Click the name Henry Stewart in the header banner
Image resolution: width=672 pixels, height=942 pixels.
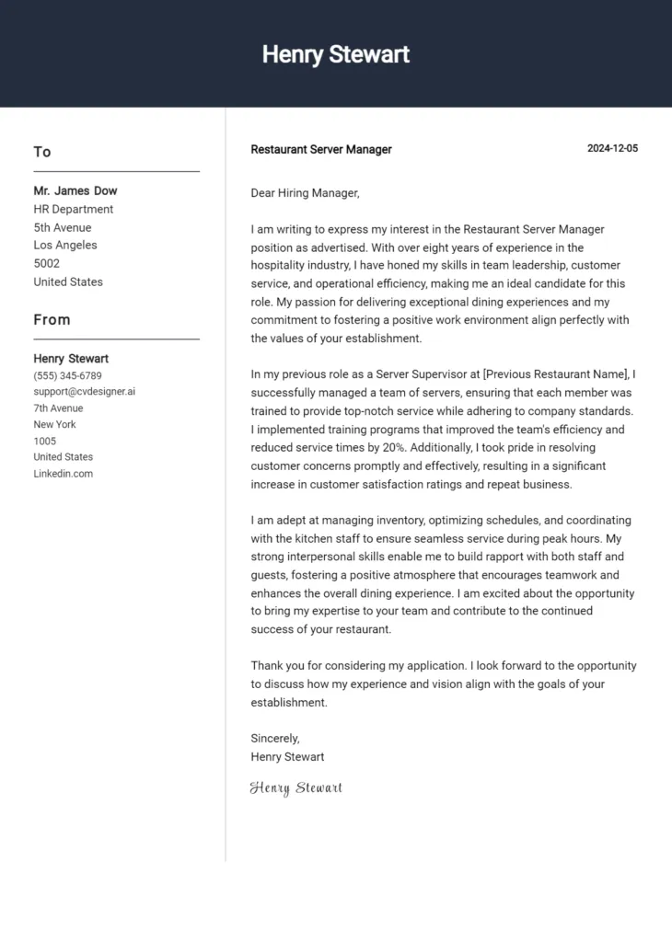coord(335,54)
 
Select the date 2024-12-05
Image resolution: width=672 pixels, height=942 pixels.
coord(612,149)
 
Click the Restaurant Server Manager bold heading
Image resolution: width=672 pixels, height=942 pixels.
coord(320,149)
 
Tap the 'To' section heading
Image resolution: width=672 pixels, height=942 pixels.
coord(42,152)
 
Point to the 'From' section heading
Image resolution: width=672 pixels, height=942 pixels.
coord(52,320)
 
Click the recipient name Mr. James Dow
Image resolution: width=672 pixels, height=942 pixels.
coord(75,191)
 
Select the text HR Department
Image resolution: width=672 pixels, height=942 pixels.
coord(74,209)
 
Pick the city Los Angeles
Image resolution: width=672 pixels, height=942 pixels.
coord(65,246)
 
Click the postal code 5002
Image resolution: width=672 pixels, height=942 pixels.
coord(47,263)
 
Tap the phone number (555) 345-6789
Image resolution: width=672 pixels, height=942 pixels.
coord(67,375)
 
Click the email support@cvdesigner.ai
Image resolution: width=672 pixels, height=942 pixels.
coord(85,392)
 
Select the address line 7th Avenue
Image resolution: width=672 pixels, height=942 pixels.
coord(58,408)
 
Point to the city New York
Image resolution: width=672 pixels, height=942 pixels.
coord(55,425)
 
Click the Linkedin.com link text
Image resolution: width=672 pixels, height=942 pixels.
coord(64,474)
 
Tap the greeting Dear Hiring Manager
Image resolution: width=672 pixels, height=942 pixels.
coord(305,193)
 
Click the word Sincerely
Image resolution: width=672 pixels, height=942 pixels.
coord(275,739)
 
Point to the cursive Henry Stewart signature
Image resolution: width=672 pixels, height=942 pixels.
coord(296,787)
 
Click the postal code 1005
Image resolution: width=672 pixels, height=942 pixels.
coord(45,442)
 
